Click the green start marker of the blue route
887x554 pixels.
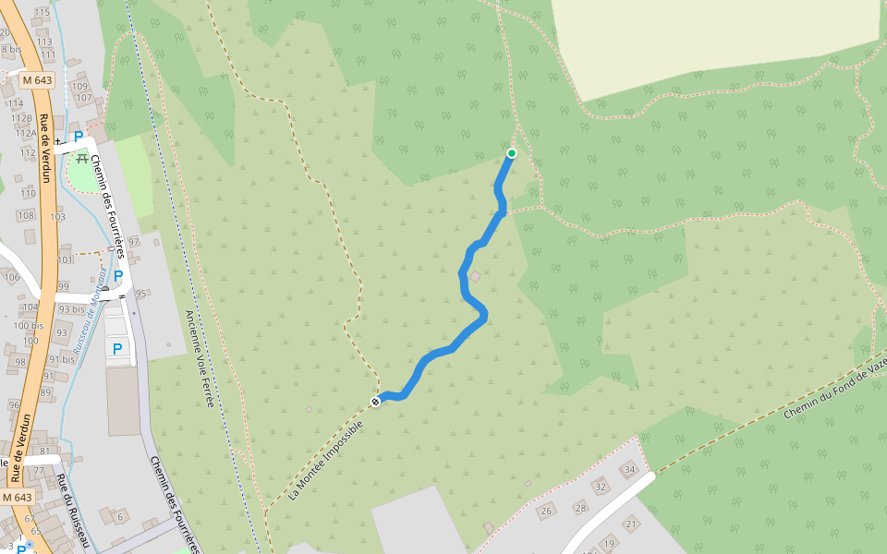512,153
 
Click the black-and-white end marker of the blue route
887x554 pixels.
376,401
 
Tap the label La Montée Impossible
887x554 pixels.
326,460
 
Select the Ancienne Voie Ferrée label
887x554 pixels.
199,358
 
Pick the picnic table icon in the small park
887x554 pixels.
82,159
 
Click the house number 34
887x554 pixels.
629,470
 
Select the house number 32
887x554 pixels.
600,487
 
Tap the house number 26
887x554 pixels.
546,511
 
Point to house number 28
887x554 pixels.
580,507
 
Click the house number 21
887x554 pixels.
630,524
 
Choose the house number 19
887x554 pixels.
608,542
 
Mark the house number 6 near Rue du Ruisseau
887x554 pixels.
120,516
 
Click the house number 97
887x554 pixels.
134,242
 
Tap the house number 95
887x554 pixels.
141,294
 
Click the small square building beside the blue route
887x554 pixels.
475,276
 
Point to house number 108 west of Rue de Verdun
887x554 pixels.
26,215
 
